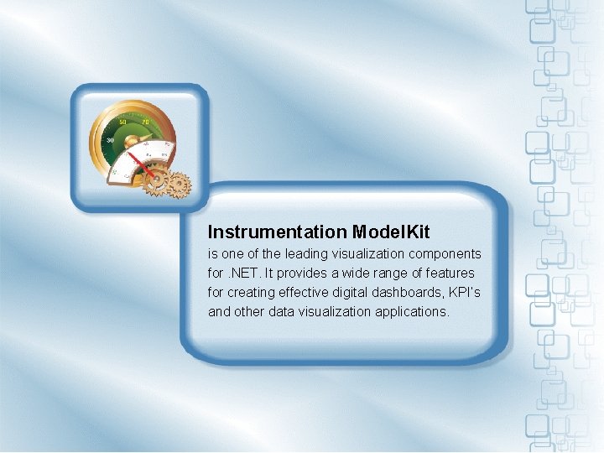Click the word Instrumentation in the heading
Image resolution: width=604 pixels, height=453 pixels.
(x=278, y=232)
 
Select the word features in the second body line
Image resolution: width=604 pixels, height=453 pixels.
(x=450, y=273)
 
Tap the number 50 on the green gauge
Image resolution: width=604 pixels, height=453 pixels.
(x=123, y=122)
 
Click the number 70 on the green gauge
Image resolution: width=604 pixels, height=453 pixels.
(x=145, y=123)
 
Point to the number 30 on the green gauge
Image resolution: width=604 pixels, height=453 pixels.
(x=109, y=138)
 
